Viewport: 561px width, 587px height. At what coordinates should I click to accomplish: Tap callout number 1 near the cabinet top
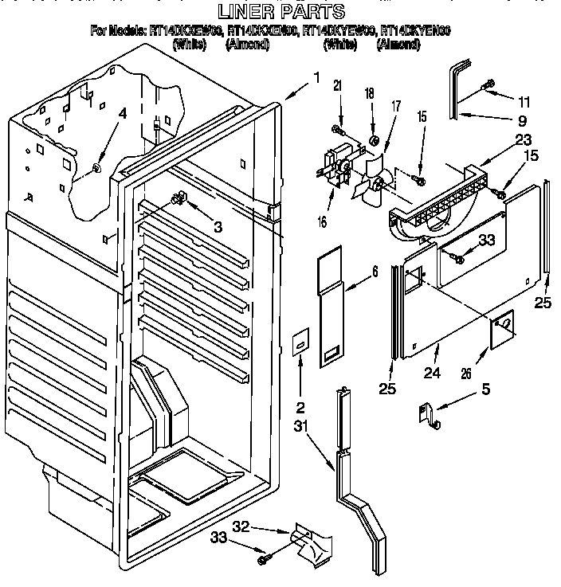(x=316, y=78)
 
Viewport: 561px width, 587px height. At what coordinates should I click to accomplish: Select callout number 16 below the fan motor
(x=323, y=222)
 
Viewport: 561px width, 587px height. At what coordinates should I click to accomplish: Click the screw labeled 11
(x=487, y=84)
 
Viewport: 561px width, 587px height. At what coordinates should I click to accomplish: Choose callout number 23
(x=501, y=139)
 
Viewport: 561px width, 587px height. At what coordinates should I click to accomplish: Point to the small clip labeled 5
(x=426, y=415)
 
